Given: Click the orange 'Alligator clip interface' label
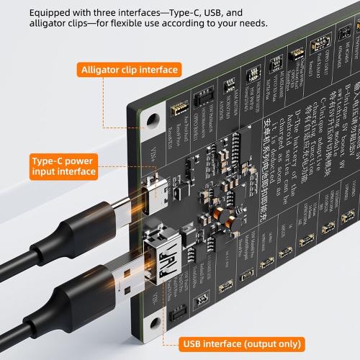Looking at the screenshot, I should (130, 70).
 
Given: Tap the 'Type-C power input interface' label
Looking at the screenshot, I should (63, 166).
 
